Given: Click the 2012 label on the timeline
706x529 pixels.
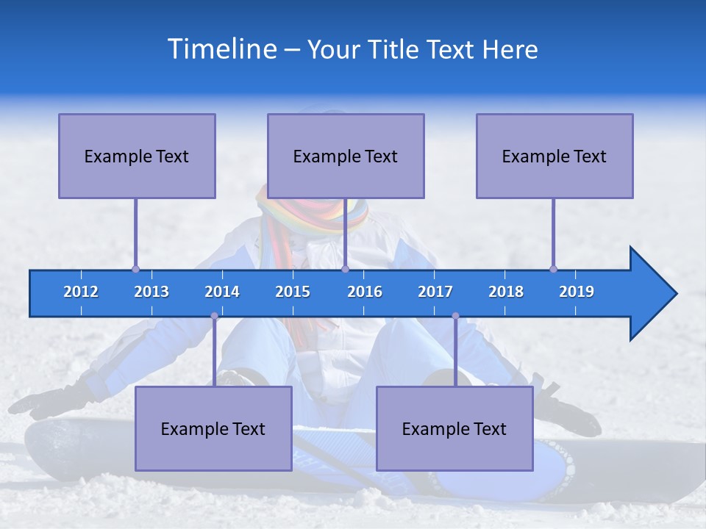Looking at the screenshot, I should click(81, 292).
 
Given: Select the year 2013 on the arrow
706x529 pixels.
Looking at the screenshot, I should click(151, 292).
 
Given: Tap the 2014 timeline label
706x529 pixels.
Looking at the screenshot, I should click(222, 292).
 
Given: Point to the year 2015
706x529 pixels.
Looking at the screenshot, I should click(293, 292).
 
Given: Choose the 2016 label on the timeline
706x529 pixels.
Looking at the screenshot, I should click(365, 292).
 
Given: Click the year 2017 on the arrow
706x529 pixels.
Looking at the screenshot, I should click(435, 292).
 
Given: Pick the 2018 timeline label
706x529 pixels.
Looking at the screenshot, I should click(506, 292).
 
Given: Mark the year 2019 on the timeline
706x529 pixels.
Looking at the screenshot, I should click(577, 292).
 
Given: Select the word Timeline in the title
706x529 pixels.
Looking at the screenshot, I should click(221, 49).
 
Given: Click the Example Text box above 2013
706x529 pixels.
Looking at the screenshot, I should click(137, 156).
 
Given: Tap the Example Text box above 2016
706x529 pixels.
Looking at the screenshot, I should click(346, 156).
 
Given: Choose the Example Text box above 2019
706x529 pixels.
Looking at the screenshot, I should click(555, 156).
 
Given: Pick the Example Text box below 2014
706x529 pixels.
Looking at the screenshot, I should click(213, 428).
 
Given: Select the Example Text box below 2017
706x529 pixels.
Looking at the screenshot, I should click(454, 428).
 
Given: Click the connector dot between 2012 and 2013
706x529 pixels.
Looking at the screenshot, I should click(136, 269).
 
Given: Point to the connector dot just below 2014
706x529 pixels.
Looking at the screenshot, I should click(214, 316).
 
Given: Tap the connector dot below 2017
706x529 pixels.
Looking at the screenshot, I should click(455, 316).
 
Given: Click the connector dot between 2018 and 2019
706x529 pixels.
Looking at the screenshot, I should click(553, 269).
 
